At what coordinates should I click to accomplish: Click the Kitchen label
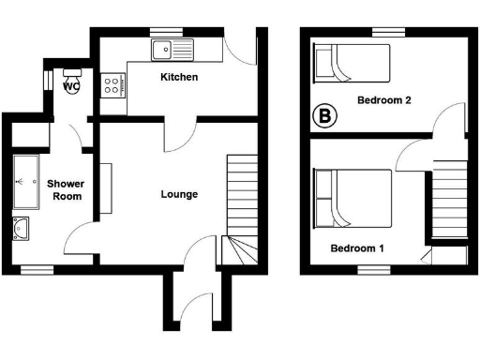click(178, 77)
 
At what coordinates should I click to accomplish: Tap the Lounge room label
click(179, 195)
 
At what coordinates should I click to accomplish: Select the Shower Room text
click(66, 190)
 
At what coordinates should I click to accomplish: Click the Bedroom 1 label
click(358, 248)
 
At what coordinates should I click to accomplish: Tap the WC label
click(71, 85)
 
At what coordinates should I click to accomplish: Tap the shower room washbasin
click(22, 228)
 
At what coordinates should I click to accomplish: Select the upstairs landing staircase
click(448, 198)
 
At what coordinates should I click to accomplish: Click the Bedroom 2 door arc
click(452, 121)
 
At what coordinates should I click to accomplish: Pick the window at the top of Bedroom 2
click(382, 33)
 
